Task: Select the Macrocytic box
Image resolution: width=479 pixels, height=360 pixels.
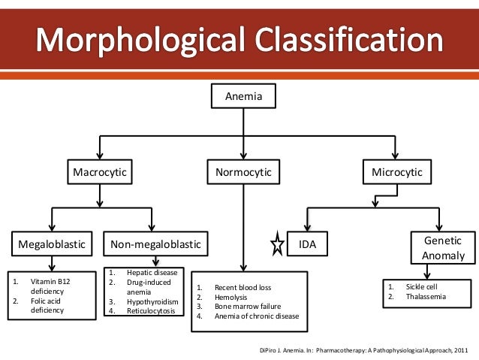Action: coord(99,174)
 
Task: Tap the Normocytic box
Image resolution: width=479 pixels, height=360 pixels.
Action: coord(243,174)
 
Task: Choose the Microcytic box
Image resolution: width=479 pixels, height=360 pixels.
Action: coord(397,174)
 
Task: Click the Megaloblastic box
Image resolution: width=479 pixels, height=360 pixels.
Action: coord(51,244)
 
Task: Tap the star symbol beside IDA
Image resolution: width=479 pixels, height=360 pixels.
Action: coord(276,244)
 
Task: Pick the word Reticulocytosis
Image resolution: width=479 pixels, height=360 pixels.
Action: coord(151,310)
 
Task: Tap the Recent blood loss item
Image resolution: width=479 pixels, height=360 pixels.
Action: coord(243,288)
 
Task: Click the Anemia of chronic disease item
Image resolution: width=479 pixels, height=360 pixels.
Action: coord(256,316)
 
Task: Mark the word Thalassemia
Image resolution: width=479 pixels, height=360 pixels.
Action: coord(426,297)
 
